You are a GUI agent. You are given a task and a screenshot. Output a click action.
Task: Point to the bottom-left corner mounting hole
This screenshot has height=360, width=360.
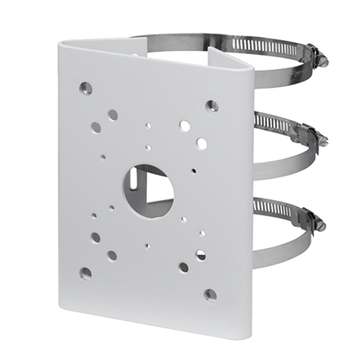coord(86,273)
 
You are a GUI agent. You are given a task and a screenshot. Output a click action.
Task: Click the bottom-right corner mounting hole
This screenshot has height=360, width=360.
coord(210,295)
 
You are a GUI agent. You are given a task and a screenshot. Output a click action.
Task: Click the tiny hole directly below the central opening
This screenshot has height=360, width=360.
coord(148,245)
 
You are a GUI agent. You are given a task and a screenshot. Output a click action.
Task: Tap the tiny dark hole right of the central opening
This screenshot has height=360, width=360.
coord(193,170)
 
